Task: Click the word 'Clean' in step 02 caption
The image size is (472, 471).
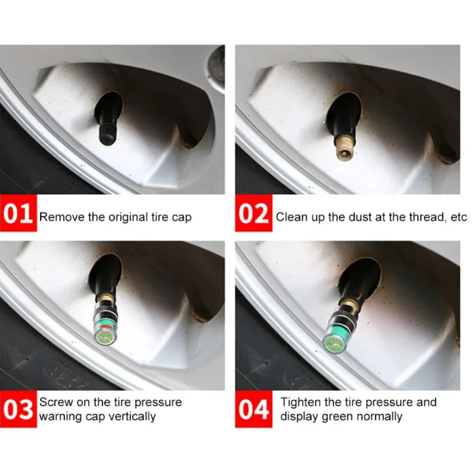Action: tap(291, 217)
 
